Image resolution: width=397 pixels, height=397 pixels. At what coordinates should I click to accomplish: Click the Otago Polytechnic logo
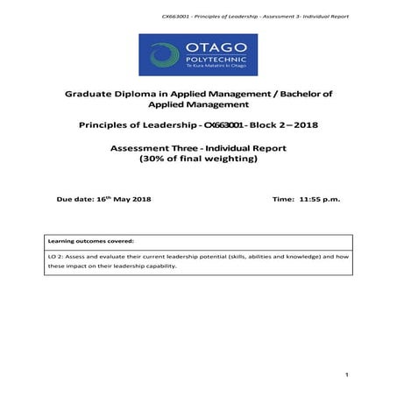198,54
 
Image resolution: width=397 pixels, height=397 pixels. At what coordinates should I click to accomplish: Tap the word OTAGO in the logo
213,45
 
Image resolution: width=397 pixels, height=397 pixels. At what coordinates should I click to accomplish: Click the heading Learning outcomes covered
87,240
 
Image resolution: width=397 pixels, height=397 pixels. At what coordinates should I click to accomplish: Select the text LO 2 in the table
56,256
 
